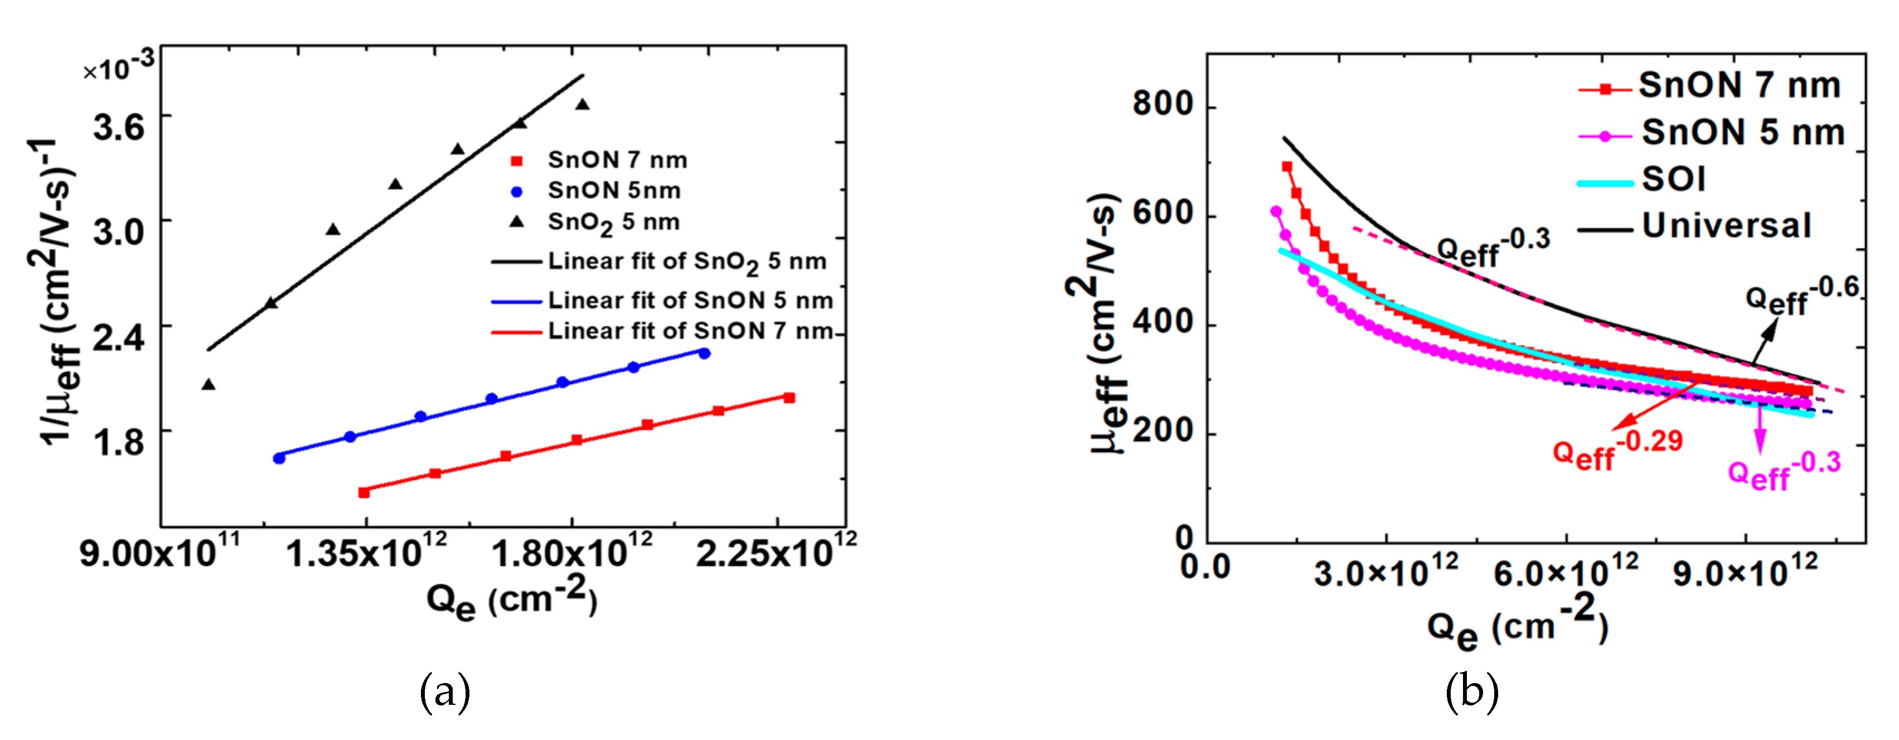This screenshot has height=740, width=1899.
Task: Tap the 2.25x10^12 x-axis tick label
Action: pos(776,553)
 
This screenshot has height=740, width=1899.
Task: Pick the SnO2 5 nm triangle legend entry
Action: pos(613,222)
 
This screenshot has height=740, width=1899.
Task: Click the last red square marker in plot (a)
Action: pos(789,398)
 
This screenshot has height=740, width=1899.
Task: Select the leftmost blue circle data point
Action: pos(279,458)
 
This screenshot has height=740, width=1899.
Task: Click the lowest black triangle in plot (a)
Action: pos(209,385)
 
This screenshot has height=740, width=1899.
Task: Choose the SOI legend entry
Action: pos(1673,179)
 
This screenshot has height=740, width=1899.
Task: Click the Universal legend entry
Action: pos(1726,225)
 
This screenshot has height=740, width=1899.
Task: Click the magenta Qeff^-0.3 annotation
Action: pos(1784,470)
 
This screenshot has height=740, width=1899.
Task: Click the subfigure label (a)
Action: pos(444,691)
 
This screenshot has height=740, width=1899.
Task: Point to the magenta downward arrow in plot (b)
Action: pos(1760,431)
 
